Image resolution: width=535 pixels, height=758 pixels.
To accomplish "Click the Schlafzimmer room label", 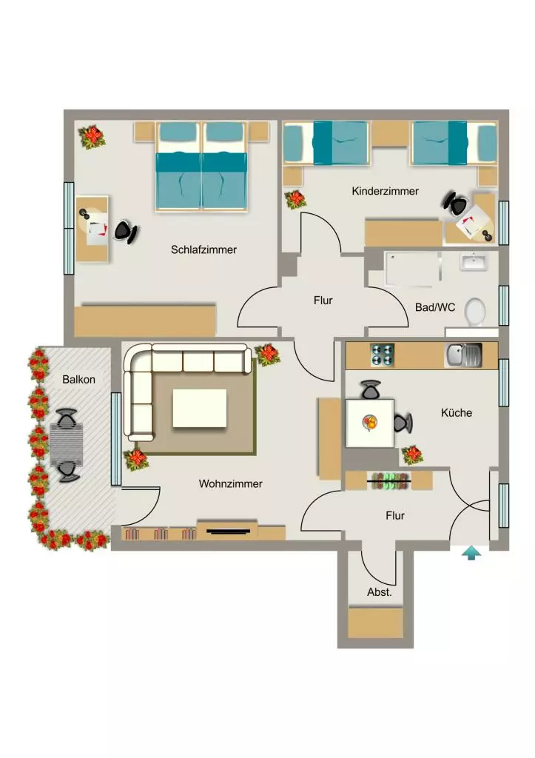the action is (203, 250).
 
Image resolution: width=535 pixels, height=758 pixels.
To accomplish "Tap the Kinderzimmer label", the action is (386, 191).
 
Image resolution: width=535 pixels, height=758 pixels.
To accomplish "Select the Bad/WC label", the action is (435, 307).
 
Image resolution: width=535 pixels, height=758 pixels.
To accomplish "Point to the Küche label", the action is (457, 413).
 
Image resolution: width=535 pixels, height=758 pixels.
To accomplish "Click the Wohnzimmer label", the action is (231, 484).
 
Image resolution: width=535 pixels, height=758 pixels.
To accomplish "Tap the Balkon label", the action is (78, 380).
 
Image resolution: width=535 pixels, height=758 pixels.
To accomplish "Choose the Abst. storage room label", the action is (380, 592).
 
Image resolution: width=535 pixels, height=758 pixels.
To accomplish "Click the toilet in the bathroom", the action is (474, 311).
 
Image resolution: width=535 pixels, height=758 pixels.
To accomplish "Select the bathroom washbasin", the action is (474, 261).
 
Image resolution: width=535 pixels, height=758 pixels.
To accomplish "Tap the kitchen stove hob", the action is (383, 355).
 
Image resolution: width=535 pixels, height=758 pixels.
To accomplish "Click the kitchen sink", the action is (463, 355).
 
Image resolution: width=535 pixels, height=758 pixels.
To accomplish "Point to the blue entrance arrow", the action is (471, 553).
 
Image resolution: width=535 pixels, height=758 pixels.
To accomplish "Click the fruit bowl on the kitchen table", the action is (370, 423).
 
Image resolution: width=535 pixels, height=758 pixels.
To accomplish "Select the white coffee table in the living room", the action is (200, 408).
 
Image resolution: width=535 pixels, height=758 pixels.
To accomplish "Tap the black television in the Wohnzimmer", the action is (229, 531).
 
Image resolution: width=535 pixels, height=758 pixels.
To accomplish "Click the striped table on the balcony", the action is (66, 445).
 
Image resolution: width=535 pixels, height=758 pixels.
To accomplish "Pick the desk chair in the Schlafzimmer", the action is (126, 232).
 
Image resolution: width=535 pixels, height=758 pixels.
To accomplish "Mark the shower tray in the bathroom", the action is (412, 268).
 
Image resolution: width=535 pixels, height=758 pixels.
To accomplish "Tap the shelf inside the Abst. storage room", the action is (376, 623).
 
